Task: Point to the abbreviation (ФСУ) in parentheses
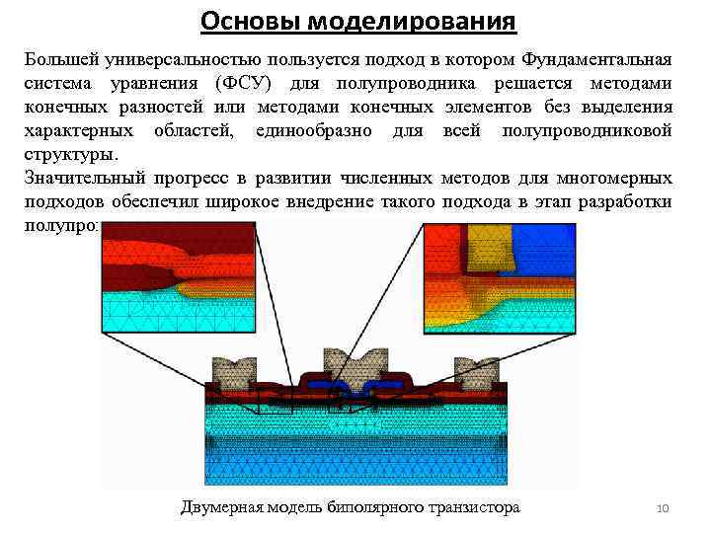(x=252, y=83)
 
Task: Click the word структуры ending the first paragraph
(x=70, y=154)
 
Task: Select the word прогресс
(x=194, y=178)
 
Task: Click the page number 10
(x=663, y=509)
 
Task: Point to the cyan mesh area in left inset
(x=138, y=311)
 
